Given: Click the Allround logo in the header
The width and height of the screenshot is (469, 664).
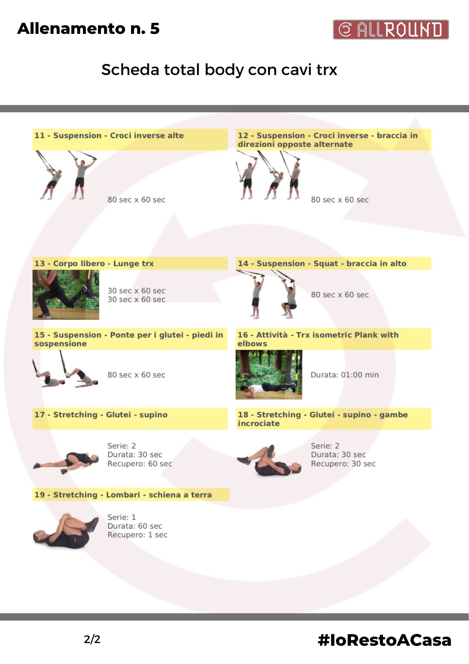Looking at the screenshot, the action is pos(391,30).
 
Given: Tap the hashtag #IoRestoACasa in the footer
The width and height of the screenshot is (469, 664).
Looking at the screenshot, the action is pos(384,640).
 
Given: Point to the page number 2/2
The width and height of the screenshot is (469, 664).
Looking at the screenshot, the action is pos(92,639).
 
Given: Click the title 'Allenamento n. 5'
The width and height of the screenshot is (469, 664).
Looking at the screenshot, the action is pos(89,29).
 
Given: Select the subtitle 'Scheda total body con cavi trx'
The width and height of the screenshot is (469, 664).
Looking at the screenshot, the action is pos(219,70).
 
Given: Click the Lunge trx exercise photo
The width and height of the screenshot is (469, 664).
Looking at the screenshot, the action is pos(66,295).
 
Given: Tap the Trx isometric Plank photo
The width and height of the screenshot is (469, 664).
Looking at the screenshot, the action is pos(269,374).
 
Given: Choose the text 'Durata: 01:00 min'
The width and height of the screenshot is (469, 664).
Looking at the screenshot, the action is pos(345,375).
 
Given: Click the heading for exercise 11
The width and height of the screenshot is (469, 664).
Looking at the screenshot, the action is pos(109,135).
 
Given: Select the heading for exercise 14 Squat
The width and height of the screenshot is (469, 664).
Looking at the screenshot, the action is pos(322,264).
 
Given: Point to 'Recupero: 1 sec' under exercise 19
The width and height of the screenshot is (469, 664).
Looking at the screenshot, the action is pos(137,535).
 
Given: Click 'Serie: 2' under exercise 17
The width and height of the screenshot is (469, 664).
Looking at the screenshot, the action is pos(122,446).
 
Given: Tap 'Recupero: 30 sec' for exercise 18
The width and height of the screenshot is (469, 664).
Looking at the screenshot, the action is pos(343,464).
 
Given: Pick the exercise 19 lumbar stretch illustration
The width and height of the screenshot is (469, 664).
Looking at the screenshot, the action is pos(66,531).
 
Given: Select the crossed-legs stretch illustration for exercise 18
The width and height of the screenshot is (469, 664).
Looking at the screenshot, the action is pos(269,460).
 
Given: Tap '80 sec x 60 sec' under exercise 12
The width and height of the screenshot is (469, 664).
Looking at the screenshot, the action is pos(340,200).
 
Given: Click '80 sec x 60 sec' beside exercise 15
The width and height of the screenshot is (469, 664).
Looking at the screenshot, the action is pos(136,375).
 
